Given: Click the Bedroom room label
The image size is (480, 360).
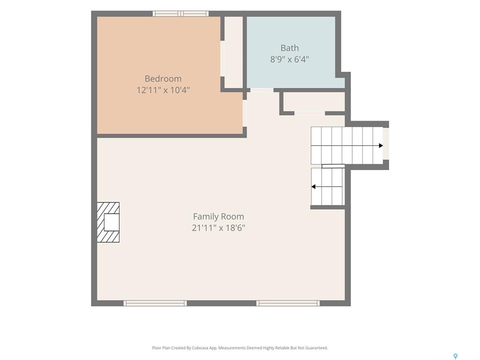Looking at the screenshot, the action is pyautogui.click(x=163, y=79).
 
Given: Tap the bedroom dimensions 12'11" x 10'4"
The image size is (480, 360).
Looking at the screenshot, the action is pyautogui.click(x=163, y=90).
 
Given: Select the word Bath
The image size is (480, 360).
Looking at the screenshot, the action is pyautogui.click(x=290, y=48).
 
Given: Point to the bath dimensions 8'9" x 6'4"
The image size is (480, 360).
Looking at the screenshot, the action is pyautogui.click(x=290, y=59).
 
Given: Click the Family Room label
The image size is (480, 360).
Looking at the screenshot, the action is pyautogui.click(x=218, y=217).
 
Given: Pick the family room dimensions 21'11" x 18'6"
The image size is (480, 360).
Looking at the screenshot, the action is pyautogui.click(x=218, y=228).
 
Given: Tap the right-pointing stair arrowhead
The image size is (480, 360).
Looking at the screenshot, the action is pyautogui.click(x=381, y=145).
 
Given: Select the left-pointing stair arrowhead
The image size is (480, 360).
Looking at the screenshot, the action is pyautogui.click(x=313, y=187).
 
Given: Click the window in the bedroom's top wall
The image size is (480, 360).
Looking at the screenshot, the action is pyautogui.click(x=180, y=14).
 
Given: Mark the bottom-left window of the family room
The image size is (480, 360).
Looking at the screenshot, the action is pyautogui.click(x=155, y=303).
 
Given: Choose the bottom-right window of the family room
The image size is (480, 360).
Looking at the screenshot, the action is pyautogui.click(x=288, y=303).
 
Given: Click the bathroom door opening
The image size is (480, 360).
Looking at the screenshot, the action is pyautogui.click(x=262, y=90).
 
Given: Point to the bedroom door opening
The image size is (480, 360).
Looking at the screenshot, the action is pyautogui.click(x=245, y=113).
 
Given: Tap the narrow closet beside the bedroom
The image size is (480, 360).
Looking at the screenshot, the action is pyautogui.click(x=233, y=52).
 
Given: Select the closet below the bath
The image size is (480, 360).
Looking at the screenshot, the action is pyautogui.click(x=314, y=102).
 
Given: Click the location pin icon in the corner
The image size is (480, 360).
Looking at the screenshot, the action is pyautogui.click(x=456, y=356).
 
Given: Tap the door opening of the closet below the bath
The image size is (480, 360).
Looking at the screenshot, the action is pyautogui.click(x=309, y=113).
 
